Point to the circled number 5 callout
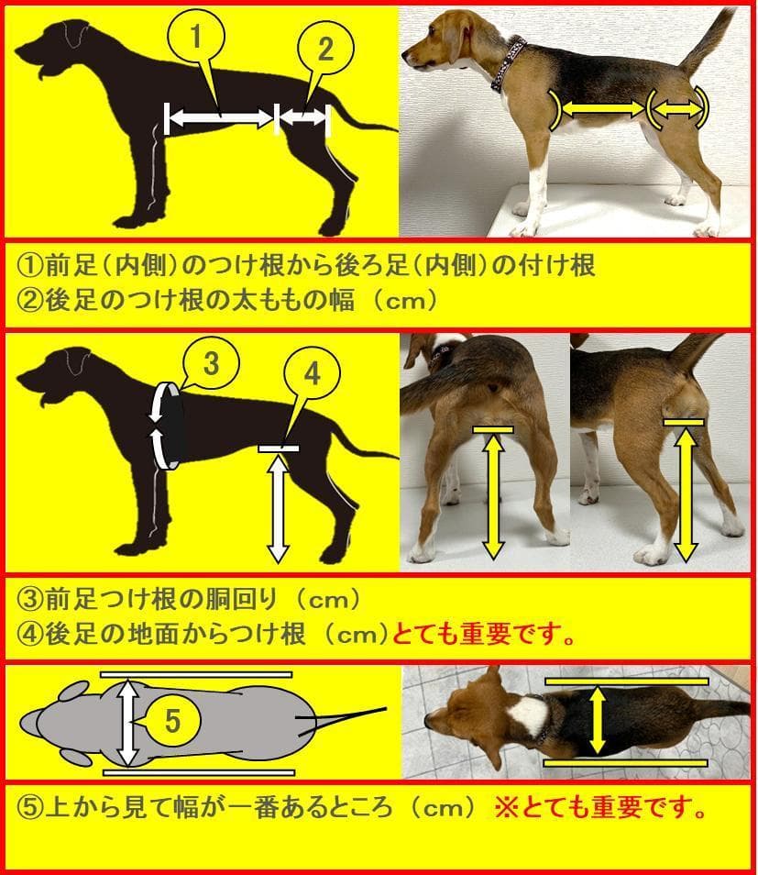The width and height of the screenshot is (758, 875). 173,722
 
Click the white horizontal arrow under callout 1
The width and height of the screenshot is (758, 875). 220,116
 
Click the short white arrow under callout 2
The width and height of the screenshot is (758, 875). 302,116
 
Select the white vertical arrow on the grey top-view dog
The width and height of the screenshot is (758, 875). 128,722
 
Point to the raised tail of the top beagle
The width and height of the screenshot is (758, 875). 706,41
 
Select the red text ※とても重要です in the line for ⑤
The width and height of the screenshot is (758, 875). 600,809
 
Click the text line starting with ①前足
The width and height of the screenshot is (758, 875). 307,265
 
